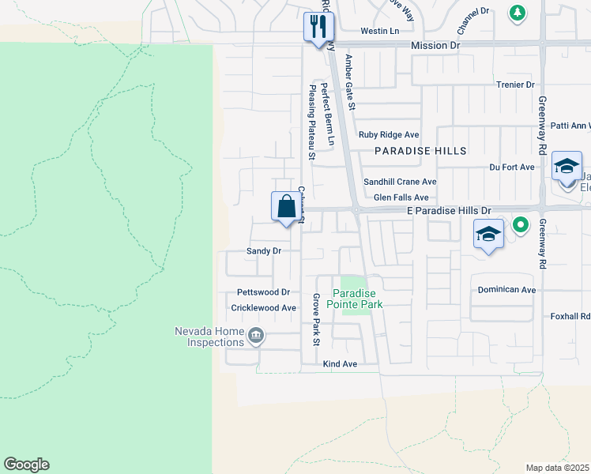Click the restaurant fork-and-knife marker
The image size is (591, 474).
pyautogui.click(x=319, y=28)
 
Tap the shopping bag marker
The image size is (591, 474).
pyautogui.click(x=287, y=207)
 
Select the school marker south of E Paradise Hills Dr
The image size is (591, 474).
pyautogui.click(x=489, y=235)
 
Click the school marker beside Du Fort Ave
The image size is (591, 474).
pyautogui.click(x=567, y=167)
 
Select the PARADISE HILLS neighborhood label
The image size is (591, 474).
pyautogui.click(x=420, y=150)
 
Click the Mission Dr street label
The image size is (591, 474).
pyautogui.click(x=435, y=46)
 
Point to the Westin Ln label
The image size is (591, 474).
pyautogui.click(x=380, y=31)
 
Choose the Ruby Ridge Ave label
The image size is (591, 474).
pyautogui.click(x=389, y=135)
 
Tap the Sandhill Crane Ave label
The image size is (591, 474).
pyautogui.click(x=400, y=182)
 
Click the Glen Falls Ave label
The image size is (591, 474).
pyautogui.click(x=401, y=197)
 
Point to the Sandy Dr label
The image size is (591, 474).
pyautogui.click(x=263, y=250)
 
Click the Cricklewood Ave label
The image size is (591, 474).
pyautogui.click(x=263, y=307)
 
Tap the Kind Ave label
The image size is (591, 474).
pyautogui.click(x=341, y=364)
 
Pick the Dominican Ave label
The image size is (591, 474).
pyautogui.click(x=506, y=290)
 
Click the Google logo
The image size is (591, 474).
pyautogui.click(x=26, y=465)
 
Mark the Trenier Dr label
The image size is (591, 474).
pyautogui.click(x=515, y=85)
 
